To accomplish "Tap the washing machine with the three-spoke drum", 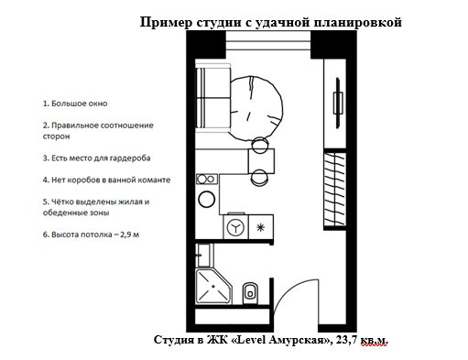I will point(234,226).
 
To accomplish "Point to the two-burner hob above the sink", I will point(208,178).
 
